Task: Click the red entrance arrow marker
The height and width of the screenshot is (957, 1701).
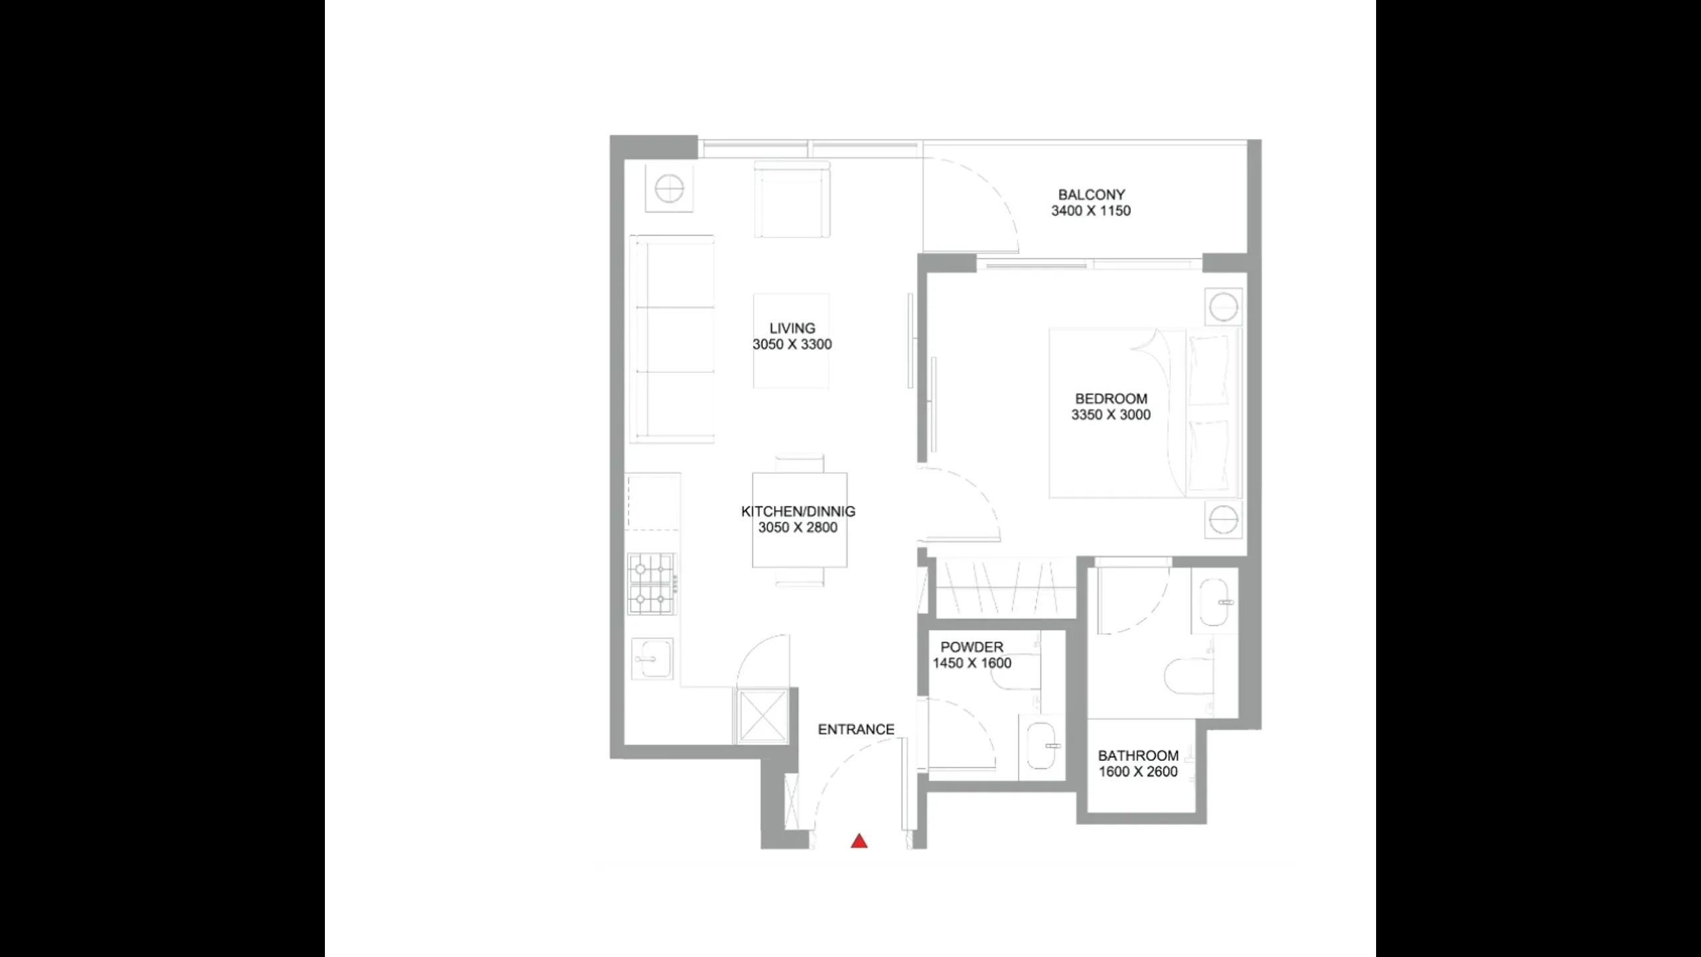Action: [x=859, y=841]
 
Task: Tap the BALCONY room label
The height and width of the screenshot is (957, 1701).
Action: [x=1091, y=195]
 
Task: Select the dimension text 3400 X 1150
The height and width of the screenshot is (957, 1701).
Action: [x=1090, y=211]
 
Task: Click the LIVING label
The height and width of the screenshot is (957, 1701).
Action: [x=792, y=328]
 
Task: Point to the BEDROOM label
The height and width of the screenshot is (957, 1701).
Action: [x=1111, y=399]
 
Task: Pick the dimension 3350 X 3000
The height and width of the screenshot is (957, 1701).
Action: [x=1110, y=415]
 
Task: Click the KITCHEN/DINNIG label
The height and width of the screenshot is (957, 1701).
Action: [x=798, y=511]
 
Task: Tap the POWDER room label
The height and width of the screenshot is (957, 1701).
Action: [x=971, y=647]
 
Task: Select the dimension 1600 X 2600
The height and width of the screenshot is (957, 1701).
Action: [x=1138, y=772]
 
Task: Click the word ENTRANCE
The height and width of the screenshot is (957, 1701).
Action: [x=856, y=729]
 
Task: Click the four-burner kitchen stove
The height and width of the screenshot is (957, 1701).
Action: [x=652, y=584]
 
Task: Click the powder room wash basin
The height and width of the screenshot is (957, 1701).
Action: [x=1041, y=746]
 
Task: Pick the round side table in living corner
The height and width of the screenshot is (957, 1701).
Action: [x=669, y=189]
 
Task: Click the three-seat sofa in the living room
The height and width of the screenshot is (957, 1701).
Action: [x=672, y=339]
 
